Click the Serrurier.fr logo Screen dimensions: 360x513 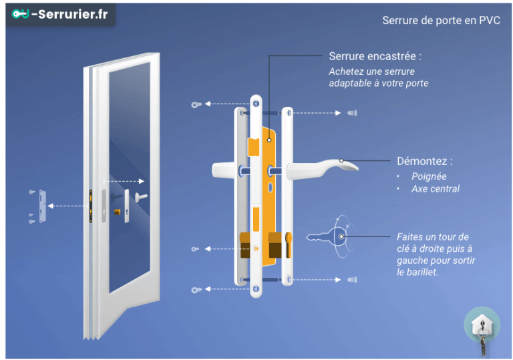60,14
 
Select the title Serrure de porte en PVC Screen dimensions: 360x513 441,21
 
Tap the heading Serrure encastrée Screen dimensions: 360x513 375,57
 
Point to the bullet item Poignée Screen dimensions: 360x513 429,176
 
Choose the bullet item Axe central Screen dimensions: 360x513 435,188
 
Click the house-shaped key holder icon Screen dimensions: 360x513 481,327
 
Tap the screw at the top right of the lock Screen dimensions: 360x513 352,113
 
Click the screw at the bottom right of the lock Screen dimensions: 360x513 352,279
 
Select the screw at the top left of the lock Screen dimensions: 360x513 195,104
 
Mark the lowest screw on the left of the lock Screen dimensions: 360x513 195,289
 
